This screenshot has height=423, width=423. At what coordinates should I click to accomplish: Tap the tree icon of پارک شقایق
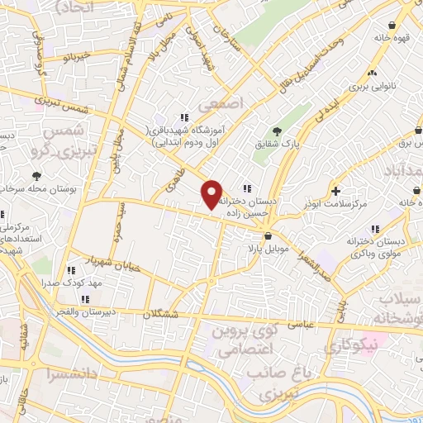click(278, 131)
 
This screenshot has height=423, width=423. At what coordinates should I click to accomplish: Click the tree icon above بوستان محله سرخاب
click(36, 175)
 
